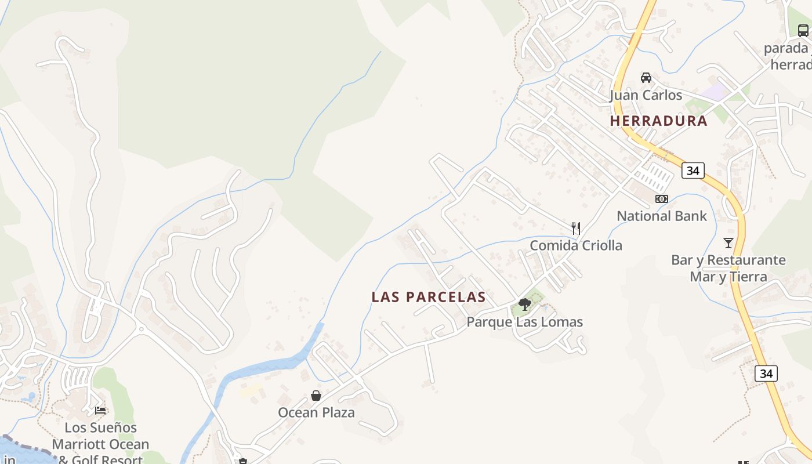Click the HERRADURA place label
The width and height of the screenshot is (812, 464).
[658, 121]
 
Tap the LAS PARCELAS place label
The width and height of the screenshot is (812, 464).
[428, 297]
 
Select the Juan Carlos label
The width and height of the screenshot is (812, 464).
[646, 95]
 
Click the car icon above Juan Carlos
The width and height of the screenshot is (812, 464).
[646, 78]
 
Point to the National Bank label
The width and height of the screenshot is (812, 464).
[661, 216]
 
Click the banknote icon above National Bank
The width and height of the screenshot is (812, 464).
[661, 199]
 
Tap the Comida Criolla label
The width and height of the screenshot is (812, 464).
[575, 245]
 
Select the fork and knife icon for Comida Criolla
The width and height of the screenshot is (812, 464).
[575, 228]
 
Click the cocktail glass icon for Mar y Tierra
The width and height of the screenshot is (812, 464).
[728, 242]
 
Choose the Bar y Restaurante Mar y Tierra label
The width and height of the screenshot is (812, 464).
[728, 268]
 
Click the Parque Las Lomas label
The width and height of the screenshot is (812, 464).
[524, 322]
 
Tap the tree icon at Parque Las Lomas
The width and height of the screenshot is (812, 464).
[524, 304]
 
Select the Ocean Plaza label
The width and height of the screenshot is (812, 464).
[316, 412]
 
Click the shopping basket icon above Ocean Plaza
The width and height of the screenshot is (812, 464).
[316, 396]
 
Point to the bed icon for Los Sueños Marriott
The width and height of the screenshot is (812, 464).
[100, 410]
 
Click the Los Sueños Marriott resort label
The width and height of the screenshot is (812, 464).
[100, 444]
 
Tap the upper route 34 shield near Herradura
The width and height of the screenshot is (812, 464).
[693, 170]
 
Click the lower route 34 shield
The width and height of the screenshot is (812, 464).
[766, 374]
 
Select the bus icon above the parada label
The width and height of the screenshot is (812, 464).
[803, 30]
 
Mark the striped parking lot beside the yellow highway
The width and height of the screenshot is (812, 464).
[656, 173]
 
